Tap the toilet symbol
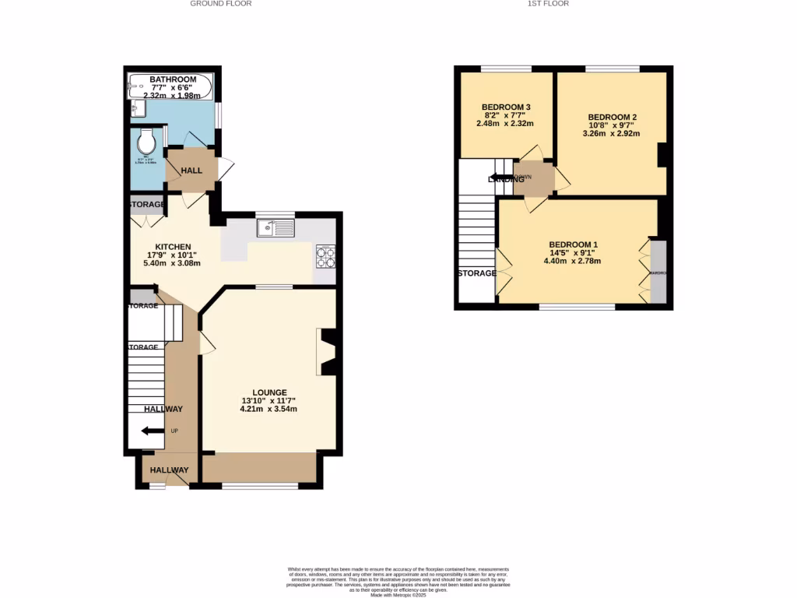(x=145, y=142)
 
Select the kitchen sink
(x=276, y=228)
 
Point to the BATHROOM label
(x=173, y=79)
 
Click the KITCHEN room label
(x=172, y=247)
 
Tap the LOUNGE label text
(x=269, y=392)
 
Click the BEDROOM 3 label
(x=506, y=107)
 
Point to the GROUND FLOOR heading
(x=221, y=4)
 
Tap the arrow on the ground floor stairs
(x=149, y=431)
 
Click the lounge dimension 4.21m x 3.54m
(x=269, y=409)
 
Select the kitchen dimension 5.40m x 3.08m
(x=172, y=263)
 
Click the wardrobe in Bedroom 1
(x=658, y=272)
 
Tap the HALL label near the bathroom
(x=191, y=171)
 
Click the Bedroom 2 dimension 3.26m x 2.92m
(x=613, y=133)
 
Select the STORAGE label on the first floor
(x=476, y=273)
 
